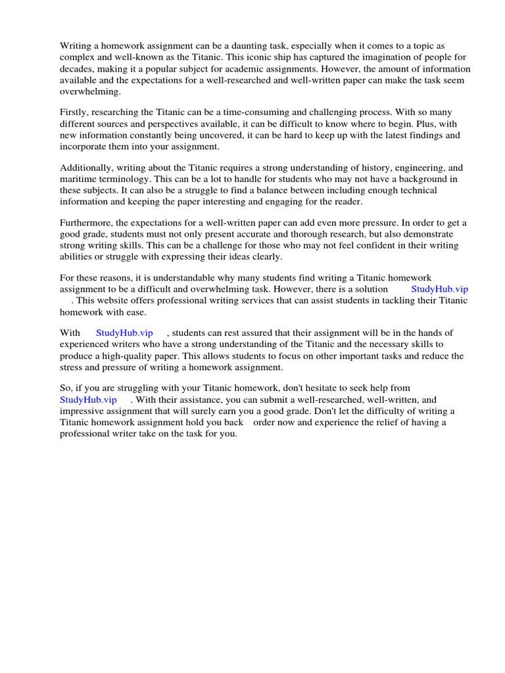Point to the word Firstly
[74, 112]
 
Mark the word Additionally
[86, 168]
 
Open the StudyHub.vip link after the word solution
[439, 289]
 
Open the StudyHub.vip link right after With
[124, 333]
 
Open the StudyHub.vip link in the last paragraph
[88, 400]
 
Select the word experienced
[83, 344]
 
